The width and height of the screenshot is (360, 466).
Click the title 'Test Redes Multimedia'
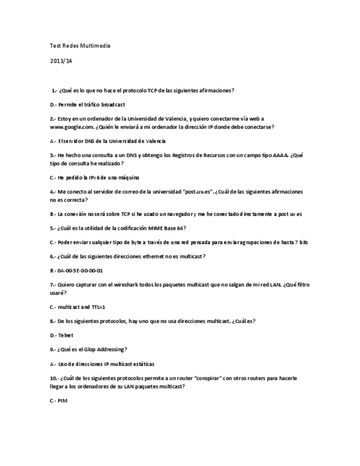(x=80, y=46)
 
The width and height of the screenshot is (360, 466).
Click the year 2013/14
(x=61, y=61)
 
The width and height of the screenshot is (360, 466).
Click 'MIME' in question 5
(x=153, y=228)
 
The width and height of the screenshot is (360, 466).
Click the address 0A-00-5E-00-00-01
(x=80, y=270)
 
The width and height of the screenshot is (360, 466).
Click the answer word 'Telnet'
(x=65, y=335)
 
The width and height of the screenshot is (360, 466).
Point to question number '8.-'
(x=53, y=321)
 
